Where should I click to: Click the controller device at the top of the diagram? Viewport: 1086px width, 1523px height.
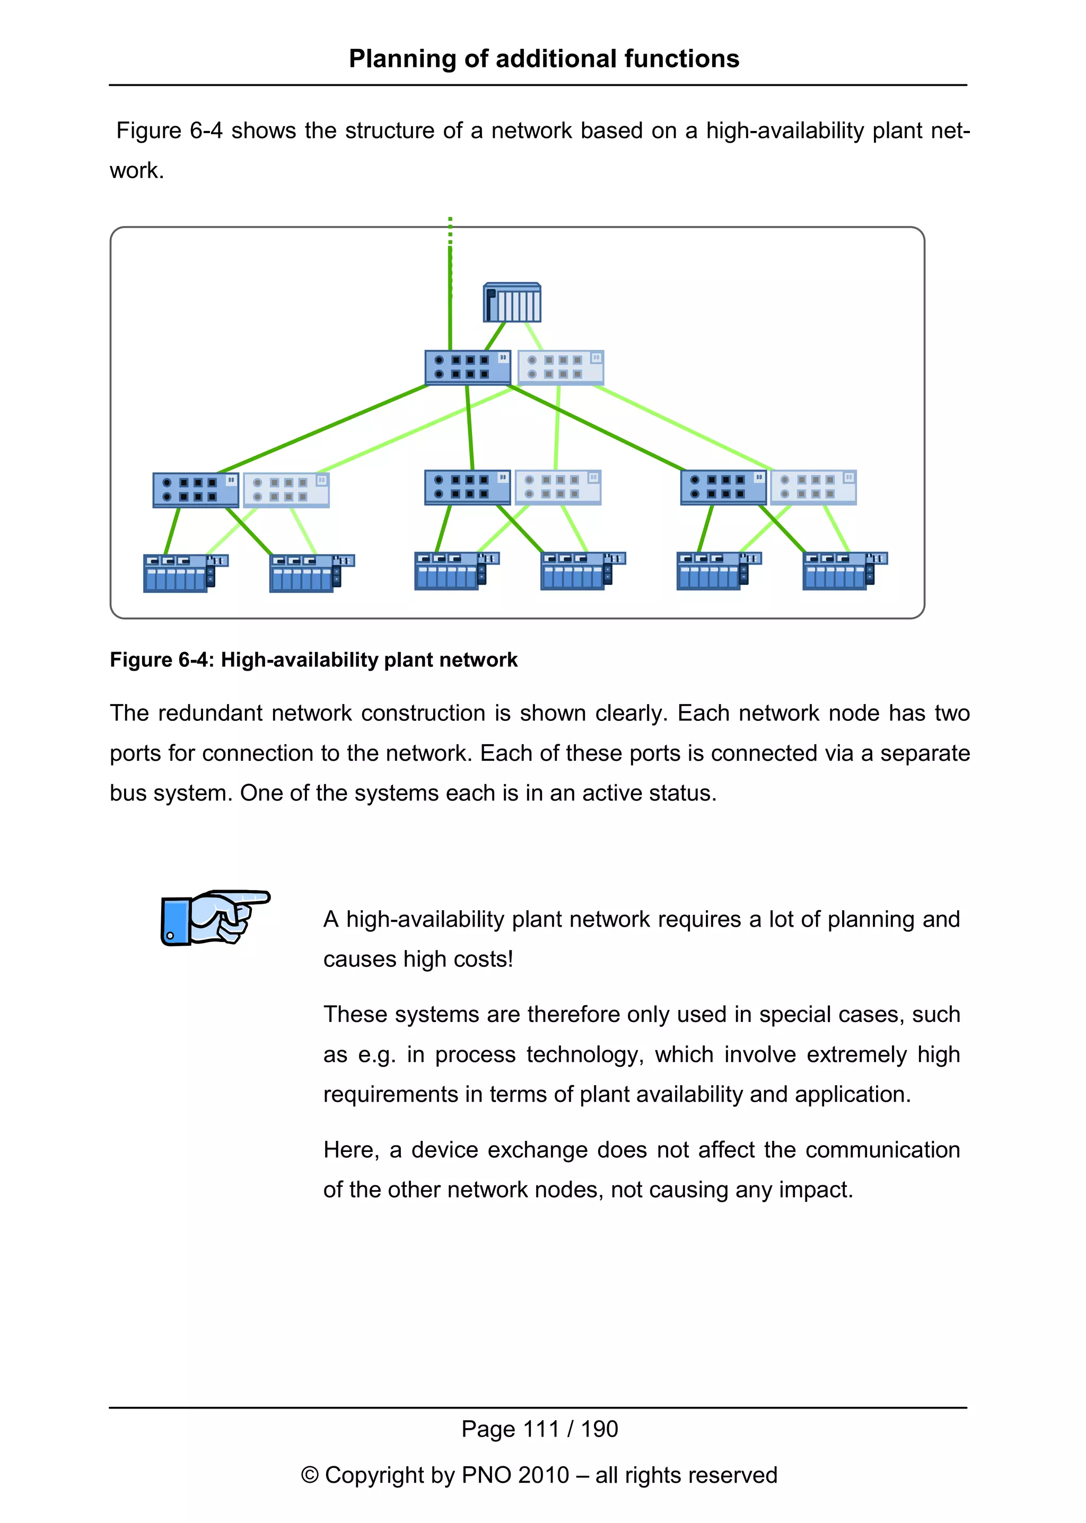(x=512, y=303)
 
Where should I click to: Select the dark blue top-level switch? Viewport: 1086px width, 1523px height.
(x=467, y=367)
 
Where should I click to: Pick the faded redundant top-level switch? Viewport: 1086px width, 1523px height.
(x=560, y=367)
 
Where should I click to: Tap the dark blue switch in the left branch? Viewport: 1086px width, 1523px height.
(x=195, y=489)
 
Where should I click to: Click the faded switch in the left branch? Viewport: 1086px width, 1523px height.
(x=286, y=489)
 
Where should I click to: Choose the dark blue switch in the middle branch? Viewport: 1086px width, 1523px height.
(x=467, y=487)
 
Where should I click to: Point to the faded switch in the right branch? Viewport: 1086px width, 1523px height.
(x=813, y=487)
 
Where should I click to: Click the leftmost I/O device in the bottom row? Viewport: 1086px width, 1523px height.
(x=185, y=573)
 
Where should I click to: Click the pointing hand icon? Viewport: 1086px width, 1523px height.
(x=215, y=917)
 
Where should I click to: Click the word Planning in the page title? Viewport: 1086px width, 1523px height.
(x=402, y=59)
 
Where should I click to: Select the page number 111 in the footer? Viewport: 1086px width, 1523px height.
(x=541, y=1429)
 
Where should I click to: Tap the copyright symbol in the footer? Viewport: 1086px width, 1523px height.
(x=310, y=1475)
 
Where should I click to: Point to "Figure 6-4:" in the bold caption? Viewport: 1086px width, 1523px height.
(x=162, y=660)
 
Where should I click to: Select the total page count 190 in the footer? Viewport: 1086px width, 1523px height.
(x=599, y=1429)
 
